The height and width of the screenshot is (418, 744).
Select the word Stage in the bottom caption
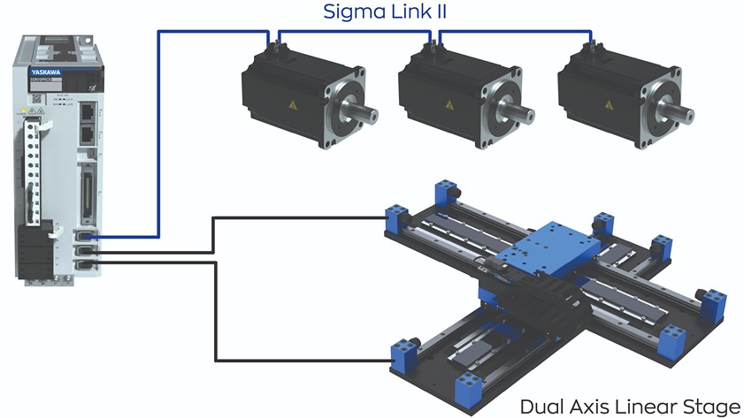(713, 407)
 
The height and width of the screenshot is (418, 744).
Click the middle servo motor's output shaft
(525, 114)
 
